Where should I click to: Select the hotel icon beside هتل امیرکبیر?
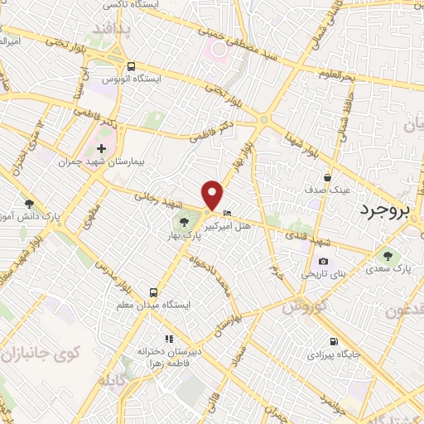click(228, 213)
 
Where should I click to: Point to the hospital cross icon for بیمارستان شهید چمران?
click(101, 148)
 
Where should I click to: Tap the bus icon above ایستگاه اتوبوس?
click(131, 66)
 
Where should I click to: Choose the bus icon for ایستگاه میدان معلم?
click(154, 291)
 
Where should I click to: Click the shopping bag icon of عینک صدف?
click(329, 177)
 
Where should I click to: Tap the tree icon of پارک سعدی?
click(388, 254)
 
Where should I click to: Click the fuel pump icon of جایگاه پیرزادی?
click(334, 340)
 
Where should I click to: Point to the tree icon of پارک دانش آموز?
click(29, 204)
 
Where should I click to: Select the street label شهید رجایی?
click(157, 199)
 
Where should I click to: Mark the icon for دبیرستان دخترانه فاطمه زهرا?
click(169, 339)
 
